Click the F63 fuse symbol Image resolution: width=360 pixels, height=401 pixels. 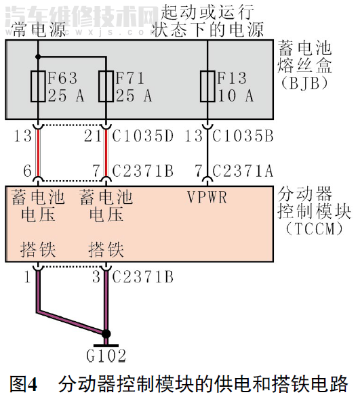click(x=39, y=86)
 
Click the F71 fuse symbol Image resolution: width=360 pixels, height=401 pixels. click(x=106, y=86)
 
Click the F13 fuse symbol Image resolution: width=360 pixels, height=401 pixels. click(x=209, y=86)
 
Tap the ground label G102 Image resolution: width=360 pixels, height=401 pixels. click(x=106, y=356)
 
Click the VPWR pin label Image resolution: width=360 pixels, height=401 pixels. click(x=208, y=198)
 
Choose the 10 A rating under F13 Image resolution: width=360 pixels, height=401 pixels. click(x=236, y=96)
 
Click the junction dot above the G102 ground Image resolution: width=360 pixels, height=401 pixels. click(x=106, y=333)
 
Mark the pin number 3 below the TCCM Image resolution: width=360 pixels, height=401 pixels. click(x=96, y=276)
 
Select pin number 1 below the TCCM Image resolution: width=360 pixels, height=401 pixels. click(x=27, y=276)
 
